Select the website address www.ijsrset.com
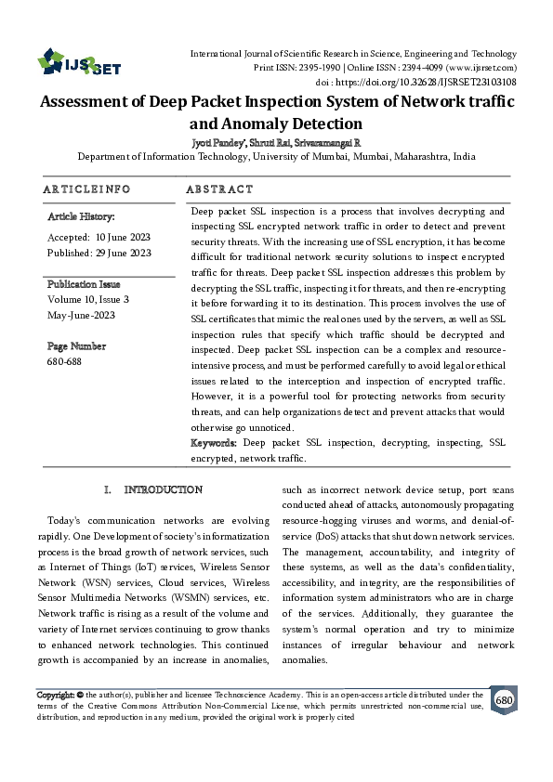[x=481, y=68]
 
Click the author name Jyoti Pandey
[x=215, y=144]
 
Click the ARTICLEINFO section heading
[x=86, y=189]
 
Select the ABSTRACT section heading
[x=219, y=189]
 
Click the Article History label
[x=81, y=216]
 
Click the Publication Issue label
[x=84, y=284]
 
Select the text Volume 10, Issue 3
[x=87, y=299]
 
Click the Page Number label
[x=76, y=345]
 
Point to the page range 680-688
[x=63, y=360]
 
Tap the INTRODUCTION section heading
[x=163, y=489]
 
